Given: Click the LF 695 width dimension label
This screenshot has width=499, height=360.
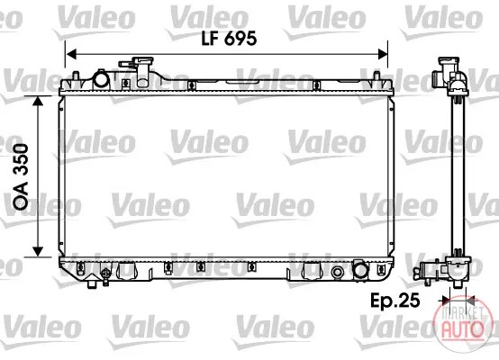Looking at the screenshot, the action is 229,39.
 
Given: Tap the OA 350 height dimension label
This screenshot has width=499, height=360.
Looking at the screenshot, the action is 21,176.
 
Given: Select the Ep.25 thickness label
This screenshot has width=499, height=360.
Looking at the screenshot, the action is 395,300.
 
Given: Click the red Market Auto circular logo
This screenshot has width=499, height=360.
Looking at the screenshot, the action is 460,323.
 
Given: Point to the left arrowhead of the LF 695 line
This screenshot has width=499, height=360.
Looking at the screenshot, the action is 71,54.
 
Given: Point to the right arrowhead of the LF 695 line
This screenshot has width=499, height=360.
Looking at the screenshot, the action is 382,54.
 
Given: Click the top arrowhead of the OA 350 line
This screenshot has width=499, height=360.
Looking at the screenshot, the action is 38,101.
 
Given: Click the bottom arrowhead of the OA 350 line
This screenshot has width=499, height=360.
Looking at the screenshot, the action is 38,252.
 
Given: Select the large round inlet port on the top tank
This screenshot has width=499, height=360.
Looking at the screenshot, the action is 101,79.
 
